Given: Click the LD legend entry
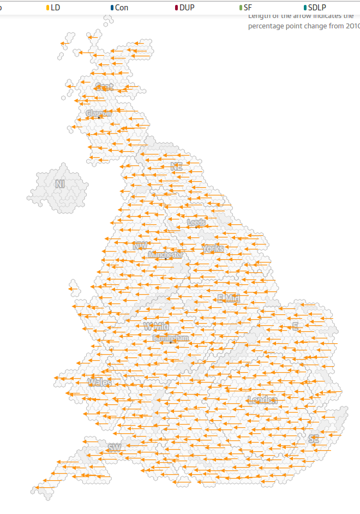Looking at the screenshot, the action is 53,8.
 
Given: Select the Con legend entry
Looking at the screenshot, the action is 119,8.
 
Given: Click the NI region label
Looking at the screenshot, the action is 60,184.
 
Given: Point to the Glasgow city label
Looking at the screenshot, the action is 99,113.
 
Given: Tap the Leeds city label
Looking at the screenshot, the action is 196,223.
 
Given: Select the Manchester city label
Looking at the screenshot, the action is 165,255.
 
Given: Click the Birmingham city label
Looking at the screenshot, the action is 171,338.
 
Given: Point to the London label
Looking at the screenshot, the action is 262,401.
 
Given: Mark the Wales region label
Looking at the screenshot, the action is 99,382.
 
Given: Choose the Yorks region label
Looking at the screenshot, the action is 213,249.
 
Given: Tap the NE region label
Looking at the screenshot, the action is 176,167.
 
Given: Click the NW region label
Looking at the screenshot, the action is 140,246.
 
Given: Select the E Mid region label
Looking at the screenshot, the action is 229,298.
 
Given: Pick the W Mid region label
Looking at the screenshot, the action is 155,326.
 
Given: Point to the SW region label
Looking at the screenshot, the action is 114,448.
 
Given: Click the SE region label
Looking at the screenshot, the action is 313,439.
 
